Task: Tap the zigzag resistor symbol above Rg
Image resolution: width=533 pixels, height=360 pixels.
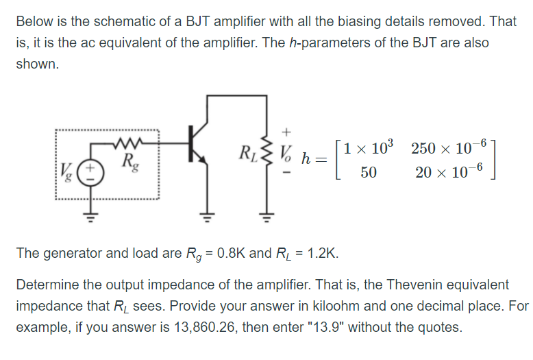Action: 128,145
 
